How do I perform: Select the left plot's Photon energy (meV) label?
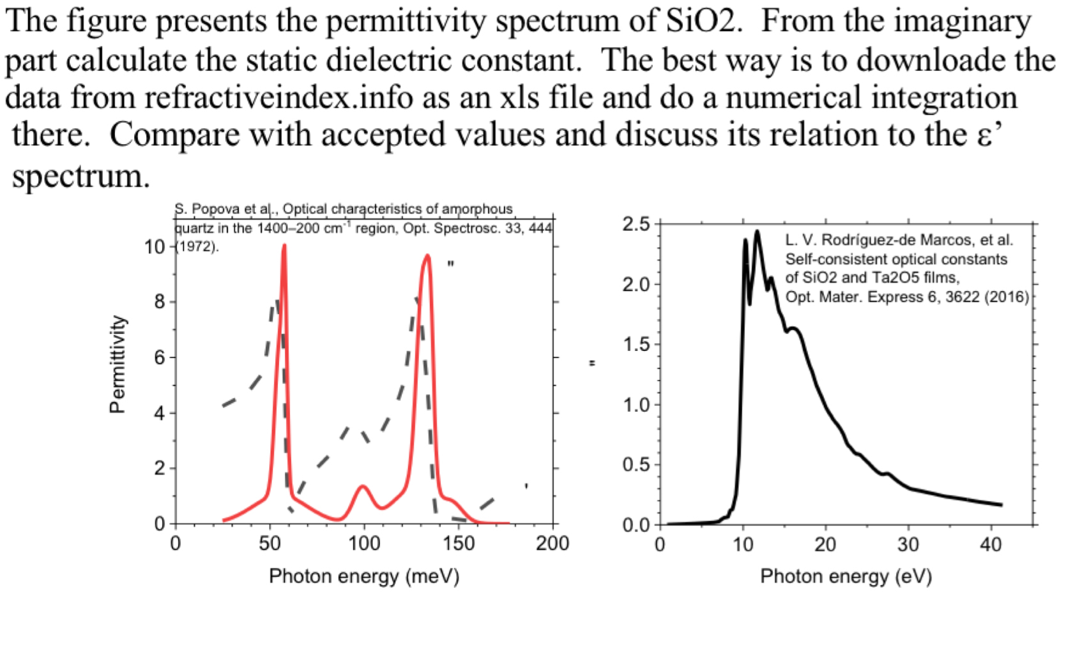364,576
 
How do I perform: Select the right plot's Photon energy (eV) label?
846,576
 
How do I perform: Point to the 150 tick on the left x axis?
458,544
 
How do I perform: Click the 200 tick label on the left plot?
552,544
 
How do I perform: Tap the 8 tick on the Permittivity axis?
160,302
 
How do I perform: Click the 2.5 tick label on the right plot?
636,225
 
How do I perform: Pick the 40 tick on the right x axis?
990,545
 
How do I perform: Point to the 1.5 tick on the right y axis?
636,345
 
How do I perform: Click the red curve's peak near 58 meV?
284,246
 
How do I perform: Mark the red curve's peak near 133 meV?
427,256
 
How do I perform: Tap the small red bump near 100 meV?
363,487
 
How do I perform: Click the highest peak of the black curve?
758,232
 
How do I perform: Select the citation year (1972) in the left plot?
197,247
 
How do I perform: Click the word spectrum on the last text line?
80,176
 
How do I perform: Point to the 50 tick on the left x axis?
270,544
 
